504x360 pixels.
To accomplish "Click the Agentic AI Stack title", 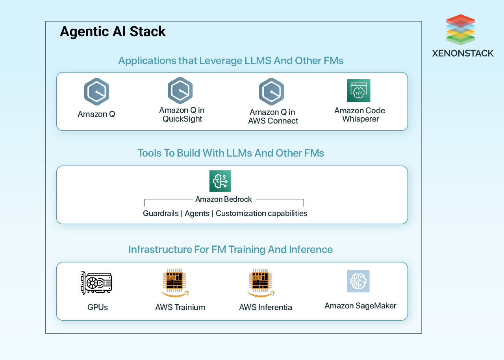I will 113,32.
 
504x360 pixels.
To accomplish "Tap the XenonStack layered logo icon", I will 460,30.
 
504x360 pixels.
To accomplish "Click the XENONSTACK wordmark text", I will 463,53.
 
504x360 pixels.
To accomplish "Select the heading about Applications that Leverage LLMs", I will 231,61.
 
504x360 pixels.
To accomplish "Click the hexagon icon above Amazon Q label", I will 96,92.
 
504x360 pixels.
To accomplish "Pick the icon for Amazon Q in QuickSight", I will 180,90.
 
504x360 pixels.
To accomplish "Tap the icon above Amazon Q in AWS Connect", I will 271,92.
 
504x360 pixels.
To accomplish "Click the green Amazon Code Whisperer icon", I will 359,90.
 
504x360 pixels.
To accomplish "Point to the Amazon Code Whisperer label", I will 359,114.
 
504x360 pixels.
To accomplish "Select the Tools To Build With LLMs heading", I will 231,153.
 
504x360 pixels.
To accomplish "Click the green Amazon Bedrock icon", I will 220,181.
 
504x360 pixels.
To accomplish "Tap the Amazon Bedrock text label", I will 223,199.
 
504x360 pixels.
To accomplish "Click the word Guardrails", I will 161,213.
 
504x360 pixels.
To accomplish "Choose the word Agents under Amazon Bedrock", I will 197,213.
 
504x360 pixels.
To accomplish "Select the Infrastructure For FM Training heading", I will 230,249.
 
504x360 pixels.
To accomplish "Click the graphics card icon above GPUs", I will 96,283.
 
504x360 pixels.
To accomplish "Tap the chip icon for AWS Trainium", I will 175,282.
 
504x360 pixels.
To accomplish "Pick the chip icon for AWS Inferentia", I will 260,282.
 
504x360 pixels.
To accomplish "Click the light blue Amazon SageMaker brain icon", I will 358,281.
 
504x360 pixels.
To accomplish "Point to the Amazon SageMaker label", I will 360,306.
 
